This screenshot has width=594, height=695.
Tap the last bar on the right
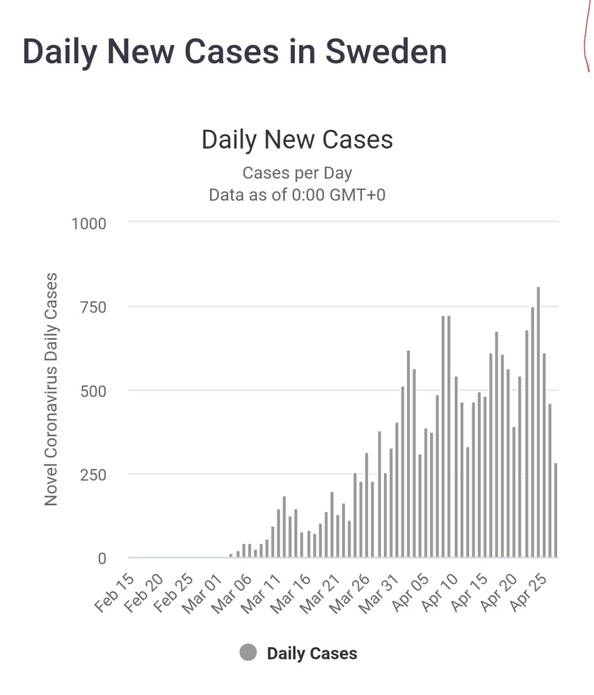click(555, 510)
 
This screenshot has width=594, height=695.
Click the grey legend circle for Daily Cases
click(248, 653)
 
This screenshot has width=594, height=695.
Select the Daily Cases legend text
click(312, 653)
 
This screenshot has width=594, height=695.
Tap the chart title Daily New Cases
click(297, 140)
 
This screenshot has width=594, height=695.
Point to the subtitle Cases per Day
click(297, 172)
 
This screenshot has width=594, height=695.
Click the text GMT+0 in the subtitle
click(356, 195)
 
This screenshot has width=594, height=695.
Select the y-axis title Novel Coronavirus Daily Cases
click(51, 389)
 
